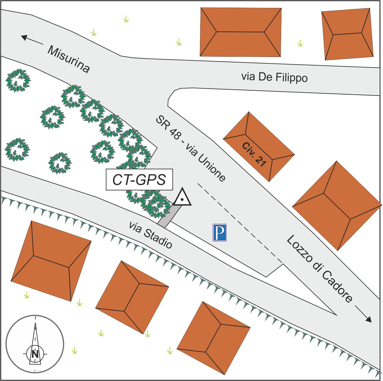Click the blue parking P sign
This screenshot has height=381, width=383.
(x=220, y=232)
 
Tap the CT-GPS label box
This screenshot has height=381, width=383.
(x=139, y=179)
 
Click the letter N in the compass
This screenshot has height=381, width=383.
(x=35, y=354)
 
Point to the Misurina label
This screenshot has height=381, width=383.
(x=69, y=59)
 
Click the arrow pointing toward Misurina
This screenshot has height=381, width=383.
(x=32, y=40)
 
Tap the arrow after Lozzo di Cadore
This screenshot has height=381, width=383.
(x=363, y=314)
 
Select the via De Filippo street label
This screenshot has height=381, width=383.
(x=274, y=77)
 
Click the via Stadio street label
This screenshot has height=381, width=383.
(x=151, y=235)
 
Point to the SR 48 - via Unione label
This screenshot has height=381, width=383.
(x=191, y=148)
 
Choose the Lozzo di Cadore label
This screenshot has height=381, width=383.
(x=319, y=269)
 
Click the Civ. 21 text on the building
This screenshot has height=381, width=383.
(x=254, y=155)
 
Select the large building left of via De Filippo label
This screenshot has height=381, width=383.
(x=241, y=32)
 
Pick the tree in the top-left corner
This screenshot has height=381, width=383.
(x=18, y=80)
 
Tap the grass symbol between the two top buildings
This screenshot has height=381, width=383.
(x=300, y=43)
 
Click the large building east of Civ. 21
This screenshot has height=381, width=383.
(x=337, y=206)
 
